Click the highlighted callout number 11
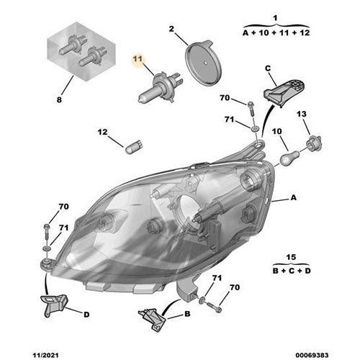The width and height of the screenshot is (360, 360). tap(137, 62)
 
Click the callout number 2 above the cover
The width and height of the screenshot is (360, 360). tap(172, 29)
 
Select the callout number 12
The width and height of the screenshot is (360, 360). tap(102, 132)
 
